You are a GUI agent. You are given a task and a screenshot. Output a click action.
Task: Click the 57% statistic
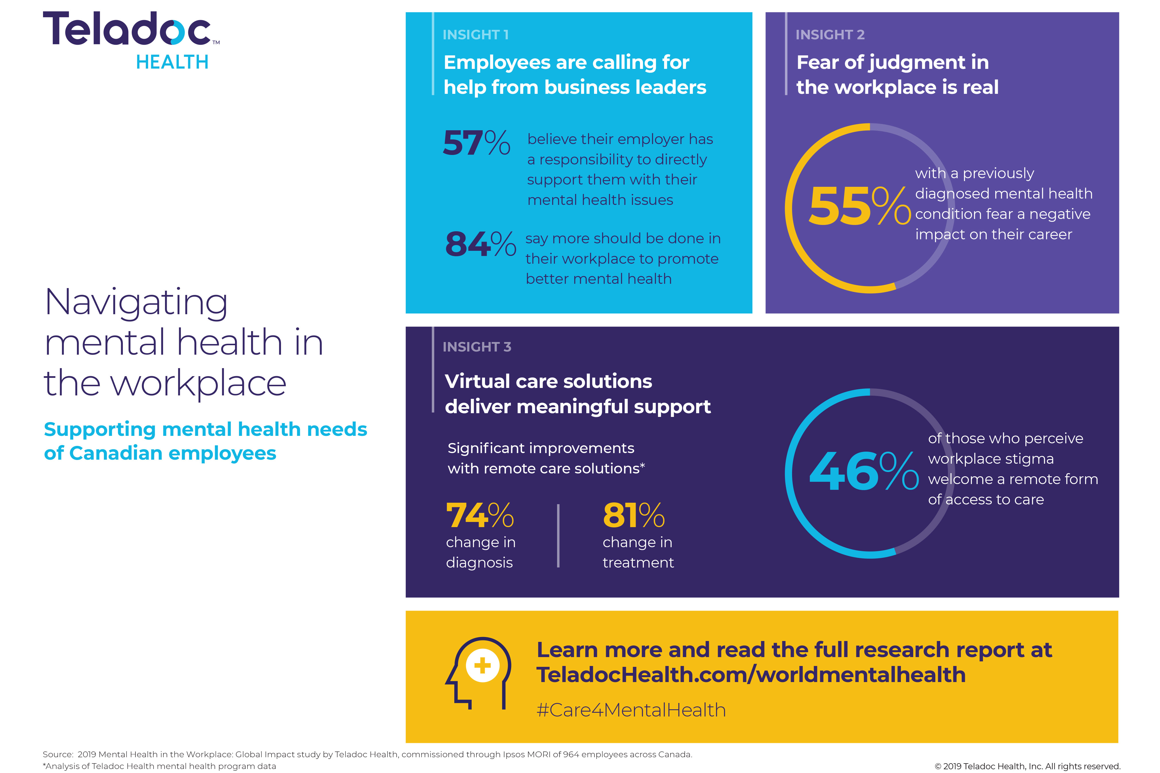point(476,143)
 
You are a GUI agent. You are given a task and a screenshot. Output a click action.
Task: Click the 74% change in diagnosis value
point(479,516)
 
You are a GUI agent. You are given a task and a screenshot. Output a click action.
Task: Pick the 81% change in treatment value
point(633,516)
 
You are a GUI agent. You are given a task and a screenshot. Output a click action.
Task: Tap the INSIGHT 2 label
point(830,34)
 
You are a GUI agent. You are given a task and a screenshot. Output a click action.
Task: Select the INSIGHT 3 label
point(477,347)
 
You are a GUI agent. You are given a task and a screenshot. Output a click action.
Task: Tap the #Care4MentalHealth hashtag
point(631,710)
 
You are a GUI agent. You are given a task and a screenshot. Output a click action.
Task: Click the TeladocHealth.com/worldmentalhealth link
point(750,674)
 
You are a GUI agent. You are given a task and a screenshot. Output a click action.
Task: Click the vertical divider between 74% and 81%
point(558,536)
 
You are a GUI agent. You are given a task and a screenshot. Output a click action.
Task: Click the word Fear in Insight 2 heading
point(817,62)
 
